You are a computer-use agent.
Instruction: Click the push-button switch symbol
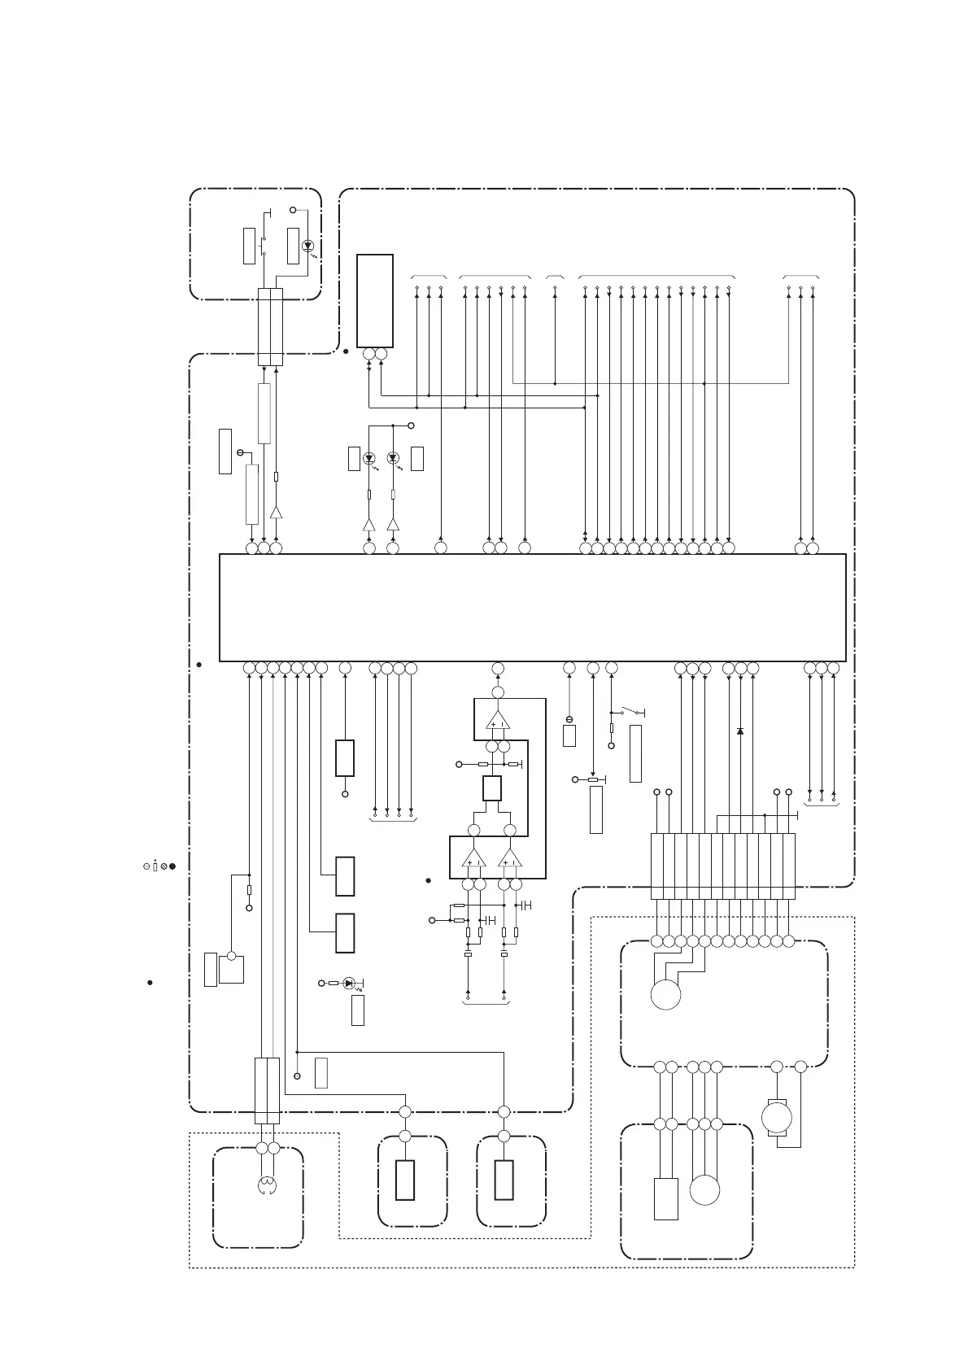(x=263, y=246)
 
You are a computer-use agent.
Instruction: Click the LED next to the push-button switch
(x=307, y=246)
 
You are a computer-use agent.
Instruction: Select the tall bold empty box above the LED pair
(x=374, y=300)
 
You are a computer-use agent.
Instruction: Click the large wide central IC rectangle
(x=533, y=608)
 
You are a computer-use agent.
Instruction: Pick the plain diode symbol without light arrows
(x=739, y=731)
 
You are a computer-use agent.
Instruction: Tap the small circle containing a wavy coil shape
(x=268, y=1186)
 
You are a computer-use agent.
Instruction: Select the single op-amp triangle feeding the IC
(x=497, y=720)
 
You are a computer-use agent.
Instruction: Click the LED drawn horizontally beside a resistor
(x=349, y=983)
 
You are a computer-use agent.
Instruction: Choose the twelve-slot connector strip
(x=723, y=866)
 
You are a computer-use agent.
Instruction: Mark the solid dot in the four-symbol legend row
(x=172, y=866)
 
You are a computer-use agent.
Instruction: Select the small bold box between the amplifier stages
(x=491, y=788)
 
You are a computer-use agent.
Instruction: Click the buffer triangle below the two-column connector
(x=276, y=513)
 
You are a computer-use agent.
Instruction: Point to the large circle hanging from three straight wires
(x=704, y=1190)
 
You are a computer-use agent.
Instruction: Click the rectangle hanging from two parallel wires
(x=666, y=1199)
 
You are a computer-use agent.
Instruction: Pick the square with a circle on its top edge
(x=231, y=968)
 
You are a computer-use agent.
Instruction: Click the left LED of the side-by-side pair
(x=368, y=458)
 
